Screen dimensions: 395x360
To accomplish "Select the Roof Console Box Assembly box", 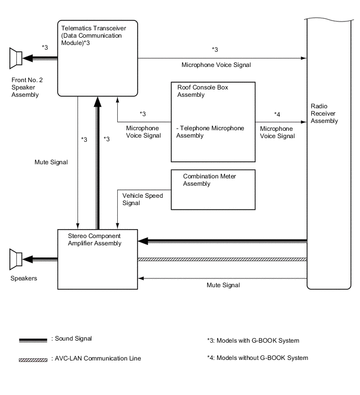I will click(213, 121).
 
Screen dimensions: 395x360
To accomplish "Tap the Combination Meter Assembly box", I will click(213, 189).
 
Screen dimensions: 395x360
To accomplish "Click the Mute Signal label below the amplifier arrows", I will click(223, 286).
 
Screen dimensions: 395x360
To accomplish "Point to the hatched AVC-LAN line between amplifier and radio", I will click(222, 259).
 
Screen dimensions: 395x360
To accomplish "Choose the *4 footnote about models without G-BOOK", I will click(257, 358).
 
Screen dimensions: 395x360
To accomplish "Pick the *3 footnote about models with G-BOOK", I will click(253, 341).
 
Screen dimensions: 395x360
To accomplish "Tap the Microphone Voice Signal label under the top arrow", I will click(216, 65).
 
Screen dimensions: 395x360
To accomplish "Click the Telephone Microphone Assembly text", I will click(210, 132).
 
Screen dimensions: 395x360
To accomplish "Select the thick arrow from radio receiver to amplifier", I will click(222, 241).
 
